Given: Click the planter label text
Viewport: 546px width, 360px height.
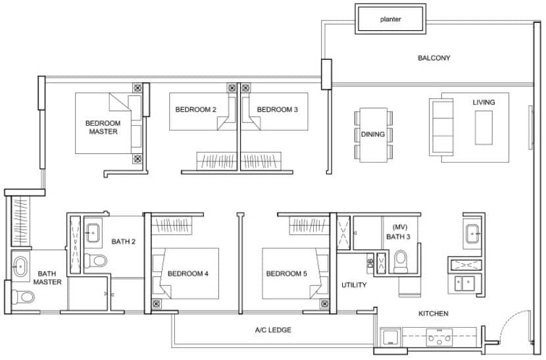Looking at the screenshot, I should [x=390, y=19].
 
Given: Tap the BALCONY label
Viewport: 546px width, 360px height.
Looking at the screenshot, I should [x=434, y=58].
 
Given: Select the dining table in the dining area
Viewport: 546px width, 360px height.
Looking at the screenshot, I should [x=373, y=135].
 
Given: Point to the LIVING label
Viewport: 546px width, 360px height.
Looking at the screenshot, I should [x=484, y=103].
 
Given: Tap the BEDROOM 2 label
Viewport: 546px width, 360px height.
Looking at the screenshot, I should [x=195, y=109].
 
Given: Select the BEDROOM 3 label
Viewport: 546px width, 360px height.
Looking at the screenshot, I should [x=278, y=109].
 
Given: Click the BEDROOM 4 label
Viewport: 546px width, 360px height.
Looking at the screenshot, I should [x=188, y=274].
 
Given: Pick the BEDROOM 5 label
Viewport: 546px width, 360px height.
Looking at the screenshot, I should [x=287, y=274].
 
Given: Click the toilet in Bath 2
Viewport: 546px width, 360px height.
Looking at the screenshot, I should [x=98, y=261].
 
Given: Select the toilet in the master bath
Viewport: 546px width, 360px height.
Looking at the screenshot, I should [x=24, y=297].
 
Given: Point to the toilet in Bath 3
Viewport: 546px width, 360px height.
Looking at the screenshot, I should [x=400, y=263].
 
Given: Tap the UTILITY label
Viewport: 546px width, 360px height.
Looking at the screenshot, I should [x=353, y=285].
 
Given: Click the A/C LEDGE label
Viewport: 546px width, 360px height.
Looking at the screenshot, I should [x=273, y=330].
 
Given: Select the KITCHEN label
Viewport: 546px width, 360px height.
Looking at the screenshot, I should [x=434, y=313].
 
